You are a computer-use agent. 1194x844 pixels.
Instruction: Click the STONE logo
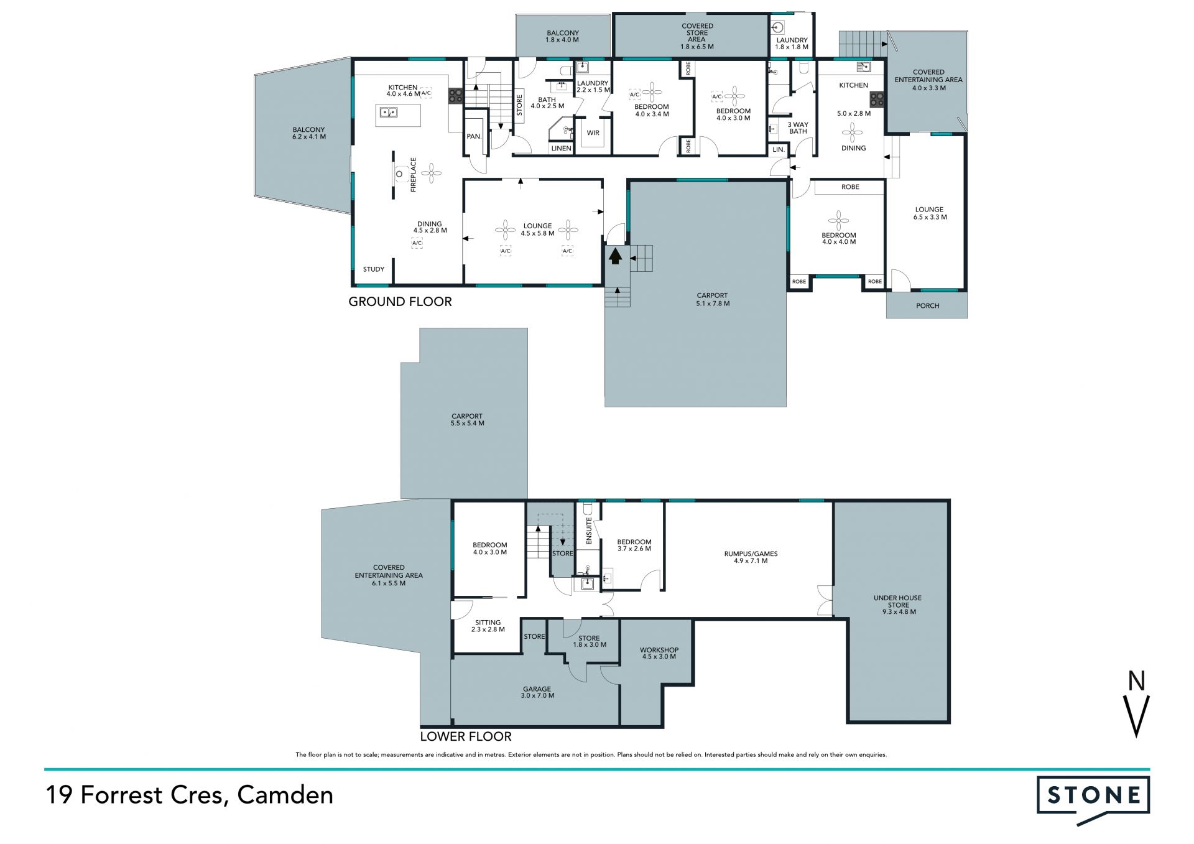(x=1093, y=799)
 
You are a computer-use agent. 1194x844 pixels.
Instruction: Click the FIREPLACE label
(x=414, y=174)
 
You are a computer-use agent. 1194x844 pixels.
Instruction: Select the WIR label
(x=593, y=132)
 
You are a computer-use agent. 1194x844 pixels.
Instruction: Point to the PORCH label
(x=928, y=306)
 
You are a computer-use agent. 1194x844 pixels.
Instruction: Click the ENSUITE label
(x=589, y=531)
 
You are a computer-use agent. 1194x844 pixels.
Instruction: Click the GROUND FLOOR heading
(x=400, y=302)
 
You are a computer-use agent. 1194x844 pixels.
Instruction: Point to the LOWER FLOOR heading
(x=466, y=736)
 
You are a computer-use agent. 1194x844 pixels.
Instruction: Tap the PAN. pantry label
(x=474, y=136)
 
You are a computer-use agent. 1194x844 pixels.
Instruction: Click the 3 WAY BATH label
(x=798, y=128)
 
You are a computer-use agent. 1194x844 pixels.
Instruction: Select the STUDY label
(x=374, y=269)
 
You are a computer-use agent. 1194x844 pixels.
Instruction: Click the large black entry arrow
(x=615, y=256)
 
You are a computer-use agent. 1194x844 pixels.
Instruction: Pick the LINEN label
(x=561, y=148)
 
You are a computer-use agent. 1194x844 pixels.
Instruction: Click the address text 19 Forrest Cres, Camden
(x=189, y=795)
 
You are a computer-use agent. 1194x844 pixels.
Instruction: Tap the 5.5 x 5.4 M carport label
(x=468, y=424)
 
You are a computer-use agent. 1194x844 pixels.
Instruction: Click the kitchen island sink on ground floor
(x=389, y=113)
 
